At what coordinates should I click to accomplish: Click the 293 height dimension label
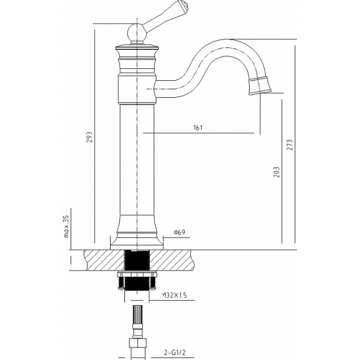(90, 137)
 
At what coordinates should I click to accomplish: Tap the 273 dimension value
(290, 145)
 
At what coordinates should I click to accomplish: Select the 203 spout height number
(277, 172)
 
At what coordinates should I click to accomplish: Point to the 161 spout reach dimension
(198, 128)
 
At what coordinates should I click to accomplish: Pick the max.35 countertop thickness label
(66, 226)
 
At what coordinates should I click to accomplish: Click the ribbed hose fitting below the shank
(138, 314)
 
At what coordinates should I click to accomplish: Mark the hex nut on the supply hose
(137, 344)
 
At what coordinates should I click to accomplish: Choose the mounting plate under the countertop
(137, 274)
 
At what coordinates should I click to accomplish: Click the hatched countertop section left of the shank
(104, 260)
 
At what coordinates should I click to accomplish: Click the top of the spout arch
(226, 40)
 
